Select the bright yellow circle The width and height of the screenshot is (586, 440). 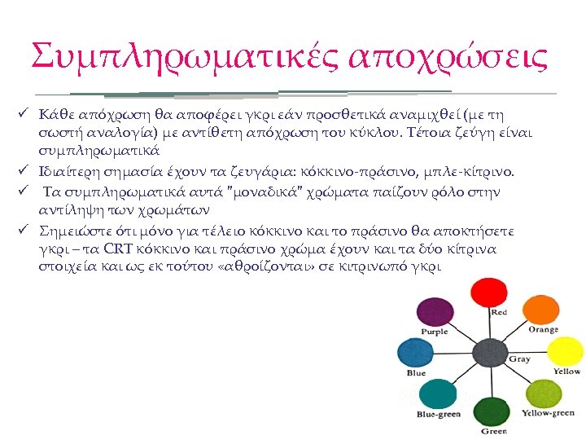(x=566, y=353)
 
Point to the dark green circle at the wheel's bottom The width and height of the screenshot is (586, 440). (x=491, y=412)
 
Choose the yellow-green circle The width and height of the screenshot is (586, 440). (x=544, y=395)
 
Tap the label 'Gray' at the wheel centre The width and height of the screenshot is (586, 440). (x=519, y=359)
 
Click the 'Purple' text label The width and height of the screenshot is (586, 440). (x=434, y=332)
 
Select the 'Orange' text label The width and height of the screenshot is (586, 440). (x=543, y=330)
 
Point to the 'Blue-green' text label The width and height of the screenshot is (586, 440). (x=438, y=415)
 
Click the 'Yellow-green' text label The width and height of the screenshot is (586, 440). (x=548, y=413)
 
